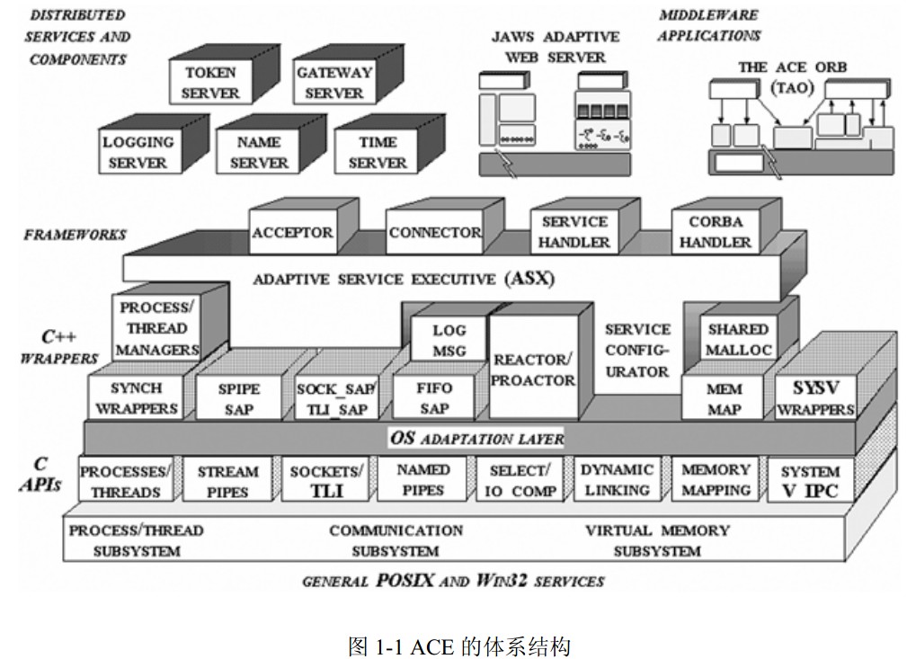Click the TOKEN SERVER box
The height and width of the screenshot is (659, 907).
210,82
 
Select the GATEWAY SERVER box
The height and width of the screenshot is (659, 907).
333,82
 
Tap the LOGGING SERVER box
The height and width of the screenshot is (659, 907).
139,152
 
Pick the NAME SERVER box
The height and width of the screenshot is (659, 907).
258,152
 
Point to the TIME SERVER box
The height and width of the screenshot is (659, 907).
378,152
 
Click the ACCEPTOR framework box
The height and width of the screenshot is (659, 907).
293,232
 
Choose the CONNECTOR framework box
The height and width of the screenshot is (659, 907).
434,232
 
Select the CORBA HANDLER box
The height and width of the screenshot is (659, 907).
716,232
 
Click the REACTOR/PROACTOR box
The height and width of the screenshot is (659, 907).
533,368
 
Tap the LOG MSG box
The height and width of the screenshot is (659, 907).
449,340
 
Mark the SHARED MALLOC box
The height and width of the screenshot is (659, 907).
738,339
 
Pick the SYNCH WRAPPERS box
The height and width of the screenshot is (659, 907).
136,398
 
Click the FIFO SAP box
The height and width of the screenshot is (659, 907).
434,398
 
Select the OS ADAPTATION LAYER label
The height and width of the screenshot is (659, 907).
476,438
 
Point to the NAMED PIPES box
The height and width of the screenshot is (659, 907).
422,480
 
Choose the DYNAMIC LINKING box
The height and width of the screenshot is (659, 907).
617,480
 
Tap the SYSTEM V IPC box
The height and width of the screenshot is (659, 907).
811,480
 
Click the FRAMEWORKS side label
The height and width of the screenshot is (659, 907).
75,235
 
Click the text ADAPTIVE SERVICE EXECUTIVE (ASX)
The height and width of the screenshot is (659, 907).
404,279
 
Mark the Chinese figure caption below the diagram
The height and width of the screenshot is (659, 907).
460,646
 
